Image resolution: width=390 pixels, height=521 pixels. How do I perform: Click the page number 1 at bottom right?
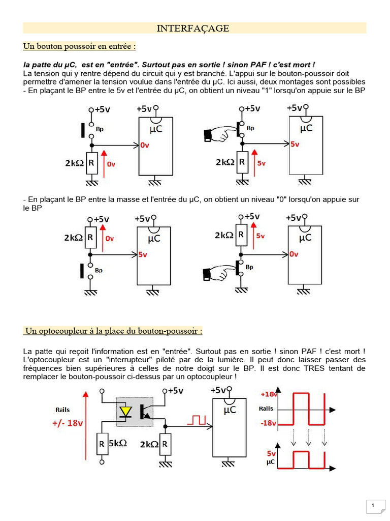pyautogui.click(x=373, y=505)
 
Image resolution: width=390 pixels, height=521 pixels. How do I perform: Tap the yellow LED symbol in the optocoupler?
pyautogui.click(x=124, y=411)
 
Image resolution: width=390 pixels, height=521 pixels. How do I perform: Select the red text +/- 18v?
pyautogui.click(x=67, y=423)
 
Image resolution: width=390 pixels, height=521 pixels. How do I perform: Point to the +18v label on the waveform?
pyautogui.click(x=268, y=394)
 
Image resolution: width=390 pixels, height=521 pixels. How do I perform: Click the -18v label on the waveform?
pyautogui.click(x=268, y=422)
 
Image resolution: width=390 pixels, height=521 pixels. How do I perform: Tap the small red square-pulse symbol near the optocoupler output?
pyautogui.click(x=197, y=420)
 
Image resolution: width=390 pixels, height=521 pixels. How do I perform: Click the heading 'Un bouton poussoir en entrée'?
pyautogui.click(x=80, y=47)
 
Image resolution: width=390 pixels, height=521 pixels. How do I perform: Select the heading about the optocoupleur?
pyautogui.click(x=114, y=331)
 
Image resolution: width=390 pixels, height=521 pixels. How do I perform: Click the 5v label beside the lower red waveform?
pyautogui.click(x=271, y=453)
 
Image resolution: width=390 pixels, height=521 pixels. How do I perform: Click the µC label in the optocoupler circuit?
pyautogui.click(x=230, y=410)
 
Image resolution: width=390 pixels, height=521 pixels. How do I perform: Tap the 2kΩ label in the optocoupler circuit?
pyautogui.click(x=148, y=444)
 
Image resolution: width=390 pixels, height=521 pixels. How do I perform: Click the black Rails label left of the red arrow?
pyautogui.click(x=63, y=410)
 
